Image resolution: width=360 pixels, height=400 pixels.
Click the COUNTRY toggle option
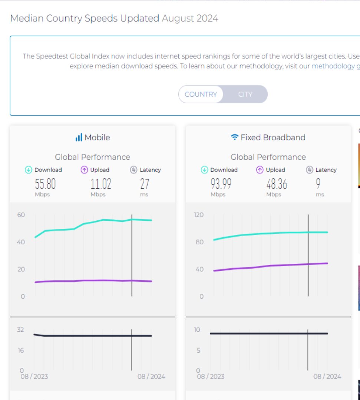pyautogui.click(x=201, y=94)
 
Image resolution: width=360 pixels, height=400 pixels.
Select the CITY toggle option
pyautogui.click(x=245, y=94)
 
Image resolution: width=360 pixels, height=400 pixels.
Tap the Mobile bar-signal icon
pyautogui.click(x=79, y=138)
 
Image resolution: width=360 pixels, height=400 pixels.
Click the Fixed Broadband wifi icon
pyautogui.click(x=234, y=138)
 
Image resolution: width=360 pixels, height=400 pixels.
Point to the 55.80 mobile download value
pyautogui.click(x=45, y=184)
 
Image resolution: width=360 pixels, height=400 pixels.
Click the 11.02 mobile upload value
pyautogui.click(x=101, y=184)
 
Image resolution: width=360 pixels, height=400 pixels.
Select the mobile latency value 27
pyautogui.click(x=144, y=184)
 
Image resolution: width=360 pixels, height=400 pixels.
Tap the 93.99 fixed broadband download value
pyautogui.click(x=221, y=184)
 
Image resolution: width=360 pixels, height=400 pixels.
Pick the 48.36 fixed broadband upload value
pyautogui.click(x=277, y=184)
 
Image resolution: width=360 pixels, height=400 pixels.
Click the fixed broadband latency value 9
pyautogui.click(x=318, y=184)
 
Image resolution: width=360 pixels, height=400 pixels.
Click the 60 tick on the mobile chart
pyautogui.click(x=21, y=215)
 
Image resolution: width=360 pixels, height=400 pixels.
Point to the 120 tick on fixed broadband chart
pyautogui.click(x=199, y=215)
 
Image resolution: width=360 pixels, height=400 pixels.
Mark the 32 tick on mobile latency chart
pyautogui.click(x=20, y=330)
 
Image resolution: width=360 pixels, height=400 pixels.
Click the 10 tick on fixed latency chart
pyautogui.click(x=197, y=330)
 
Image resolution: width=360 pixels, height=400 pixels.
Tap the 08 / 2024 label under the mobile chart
pyautogui.click(x=151, y=377)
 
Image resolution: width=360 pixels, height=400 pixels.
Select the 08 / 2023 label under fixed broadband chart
pyautogui.click(x=210, y=377)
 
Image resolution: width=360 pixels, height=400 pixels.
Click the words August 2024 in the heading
pyautogui.click(x=190, y=18)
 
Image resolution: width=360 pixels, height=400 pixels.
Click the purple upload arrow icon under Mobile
pyautogui.click(x=84, y=170)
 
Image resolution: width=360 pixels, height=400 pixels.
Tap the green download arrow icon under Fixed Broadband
pyautogui.click(x=204, y=170)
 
